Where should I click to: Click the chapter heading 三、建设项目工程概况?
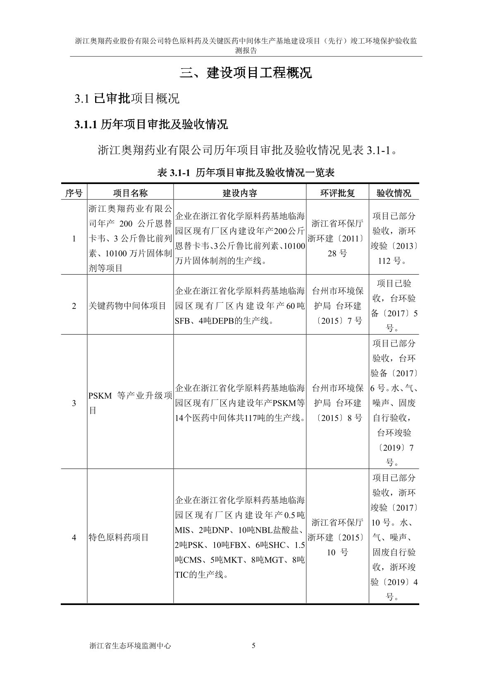click(x=246, y=73)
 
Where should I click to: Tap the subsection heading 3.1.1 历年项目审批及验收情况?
click(x=151, y=124)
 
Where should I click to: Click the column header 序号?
click(x=74, y=193)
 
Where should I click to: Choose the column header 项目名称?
click(x=130, y=193)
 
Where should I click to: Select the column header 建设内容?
click(x=240, y=193)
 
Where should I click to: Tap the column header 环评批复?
click(x=337, y=193)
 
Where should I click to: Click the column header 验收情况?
click(x=394, y=193)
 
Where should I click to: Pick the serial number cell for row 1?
click(x=74, y=239)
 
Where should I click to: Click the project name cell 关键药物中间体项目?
click(x=127, y=306)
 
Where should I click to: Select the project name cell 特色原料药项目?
click(x=119, y=538)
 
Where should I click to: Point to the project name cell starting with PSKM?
click(x=130, y=403)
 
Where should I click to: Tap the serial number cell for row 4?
click(x=74, y=538)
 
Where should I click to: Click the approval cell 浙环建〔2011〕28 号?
click(x=337, y=239)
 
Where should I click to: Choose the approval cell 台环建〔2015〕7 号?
click(x=337, y=306)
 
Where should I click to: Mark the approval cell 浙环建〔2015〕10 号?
click(x=337, y=538)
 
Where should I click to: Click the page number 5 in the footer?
click(x=253, y=646)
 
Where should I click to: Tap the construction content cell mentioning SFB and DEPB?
click(x=240, y=306)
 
